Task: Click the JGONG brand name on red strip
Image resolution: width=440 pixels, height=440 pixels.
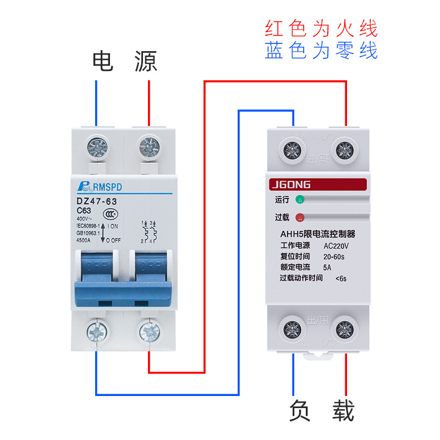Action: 290,185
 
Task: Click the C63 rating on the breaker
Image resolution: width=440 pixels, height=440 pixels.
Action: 84,211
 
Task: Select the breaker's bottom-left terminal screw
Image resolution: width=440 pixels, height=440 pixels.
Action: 98,332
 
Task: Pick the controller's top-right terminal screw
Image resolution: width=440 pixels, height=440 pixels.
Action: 345,148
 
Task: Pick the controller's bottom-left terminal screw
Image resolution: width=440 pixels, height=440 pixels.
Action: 292,329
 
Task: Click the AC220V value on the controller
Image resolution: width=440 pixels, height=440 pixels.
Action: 337,246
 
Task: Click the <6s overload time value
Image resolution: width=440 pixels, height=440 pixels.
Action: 341,278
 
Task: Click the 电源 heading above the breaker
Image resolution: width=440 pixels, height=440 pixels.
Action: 124,61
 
